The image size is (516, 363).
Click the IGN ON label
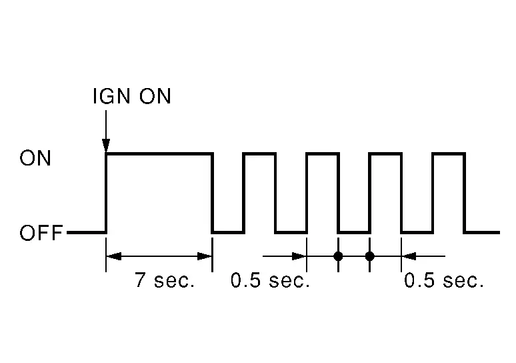click(132, 96)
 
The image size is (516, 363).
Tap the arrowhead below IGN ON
click(106, 145)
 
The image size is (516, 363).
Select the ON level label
click(35, 158)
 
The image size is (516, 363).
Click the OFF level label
click(41, 233)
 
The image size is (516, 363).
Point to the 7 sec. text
click(165, 280)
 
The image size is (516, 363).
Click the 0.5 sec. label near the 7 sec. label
click(270, 280)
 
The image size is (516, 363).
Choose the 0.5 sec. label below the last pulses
click(444, 280)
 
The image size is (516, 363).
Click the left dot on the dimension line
click(338, 256)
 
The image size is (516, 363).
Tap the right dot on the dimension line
click(370, 256)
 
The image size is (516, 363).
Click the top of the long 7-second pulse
click(159, 153)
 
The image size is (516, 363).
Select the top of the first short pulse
click(259, 153)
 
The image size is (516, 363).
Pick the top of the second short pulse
click(323, 153)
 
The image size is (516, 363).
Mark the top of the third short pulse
click(386, 153)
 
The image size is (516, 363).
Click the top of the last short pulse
click(449, 153)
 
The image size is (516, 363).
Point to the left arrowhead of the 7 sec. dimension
click(114, 256)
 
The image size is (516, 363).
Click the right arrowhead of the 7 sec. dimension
click(205, 256)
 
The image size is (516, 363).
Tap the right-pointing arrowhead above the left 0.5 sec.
click(299, 256)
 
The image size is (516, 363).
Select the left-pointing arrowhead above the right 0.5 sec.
click(409, 256)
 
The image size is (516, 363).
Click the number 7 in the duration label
click(140, 280)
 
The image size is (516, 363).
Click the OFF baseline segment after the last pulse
click(482, 233)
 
